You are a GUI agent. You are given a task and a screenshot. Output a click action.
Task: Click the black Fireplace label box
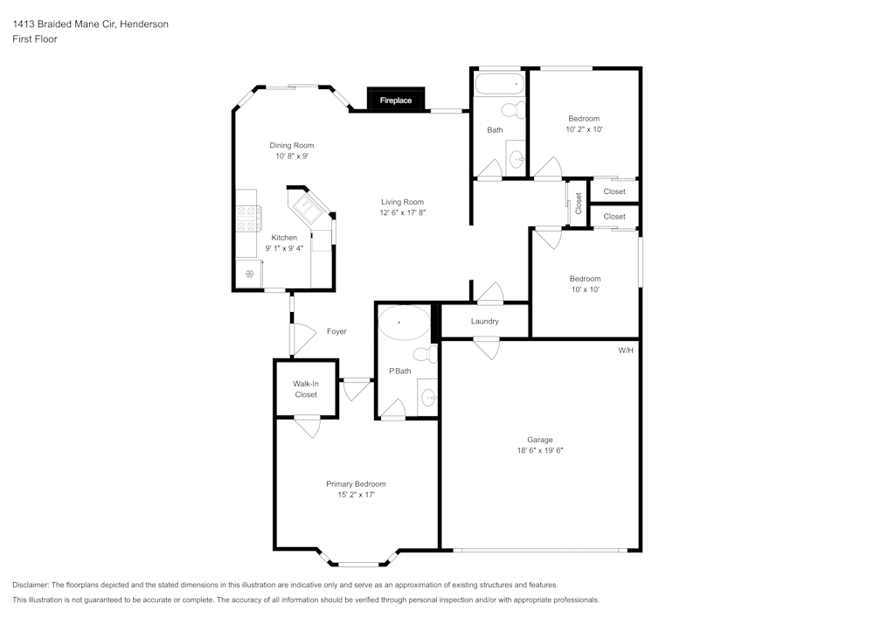(x=395, y=101)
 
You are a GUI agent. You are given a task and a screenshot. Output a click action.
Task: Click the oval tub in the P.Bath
(x=403, y=323)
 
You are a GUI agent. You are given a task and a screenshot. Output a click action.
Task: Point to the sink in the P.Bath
(x=428, y=399)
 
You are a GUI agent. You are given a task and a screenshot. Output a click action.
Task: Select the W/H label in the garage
(x=626, y=351)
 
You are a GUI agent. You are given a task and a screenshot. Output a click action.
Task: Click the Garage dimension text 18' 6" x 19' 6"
(x=539, y=451)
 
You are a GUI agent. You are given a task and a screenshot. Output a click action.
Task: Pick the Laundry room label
(x=484, y=322)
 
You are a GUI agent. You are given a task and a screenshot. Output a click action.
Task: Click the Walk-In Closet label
(x=305, y=389)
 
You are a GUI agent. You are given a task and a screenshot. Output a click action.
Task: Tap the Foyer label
(x=336, y=331)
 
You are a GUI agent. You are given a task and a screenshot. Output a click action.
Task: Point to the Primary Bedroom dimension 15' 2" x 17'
(x=356, y=495)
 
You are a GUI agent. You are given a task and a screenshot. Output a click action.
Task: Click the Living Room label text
(x=402, y=202)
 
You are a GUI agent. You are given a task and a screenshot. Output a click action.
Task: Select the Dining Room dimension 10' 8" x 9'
(x=291, y=156)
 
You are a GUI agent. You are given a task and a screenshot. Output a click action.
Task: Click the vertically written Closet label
(x=579, y=203)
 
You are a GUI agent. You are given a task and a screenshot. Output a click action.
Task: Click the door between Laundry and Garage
(x=486, y=348)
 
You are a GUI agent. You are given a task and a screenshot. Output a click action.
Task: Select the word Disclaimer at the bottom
(x=31, y=585)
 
